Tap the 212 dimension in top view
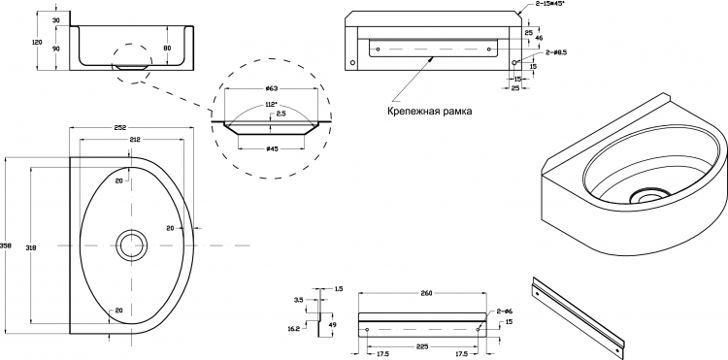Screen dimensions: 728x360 [135, 139]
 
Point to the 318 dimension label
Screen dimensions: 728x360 [32, 247]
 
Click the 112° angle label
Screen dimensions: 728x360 [271, 105]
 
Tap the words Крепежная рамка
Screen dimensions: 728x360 [429, 112]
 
